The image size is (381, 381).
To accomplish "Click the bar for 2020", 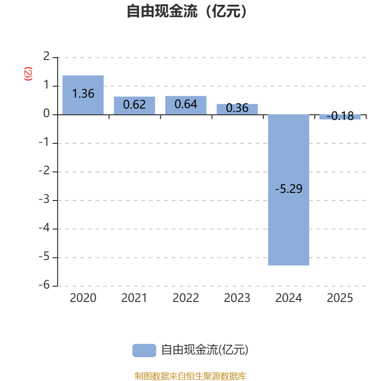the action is coord(83,95).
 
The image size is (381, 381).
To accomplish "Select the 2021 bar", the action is coord(134,106).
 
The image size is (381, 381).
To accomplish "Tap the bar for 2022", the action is coord(186,105).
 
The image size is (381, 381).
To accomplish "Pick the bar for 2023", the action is coord(237,110).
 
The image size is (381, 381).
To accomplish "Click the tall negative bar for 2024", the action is coord(289,190).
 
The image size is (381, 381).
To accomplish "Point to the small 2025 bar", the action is coord(340,117).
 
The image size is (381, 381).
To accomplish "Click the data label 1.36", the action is coord(83,94).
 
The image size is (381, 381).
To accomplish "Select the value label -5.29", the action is coord(289,189).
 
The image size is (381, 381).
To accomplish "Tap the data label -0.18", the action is coord(340,116).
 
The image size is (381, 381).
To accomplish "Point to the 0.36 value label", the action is coord(237,108).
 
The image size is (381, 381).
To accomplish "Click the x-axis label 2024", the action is coord(289,298).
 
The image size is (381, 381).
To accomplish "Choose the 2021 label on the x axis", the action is coord(134,298).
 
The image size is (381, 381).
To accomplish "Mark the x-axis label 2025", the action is coord(340,298).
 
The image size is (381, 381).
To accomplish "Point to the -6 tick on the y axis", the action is coord(44,285).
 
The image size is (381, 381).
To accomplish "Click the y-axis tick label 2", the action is coord(46,56).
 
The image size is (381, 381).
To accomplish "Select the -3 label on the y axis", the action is coord(44,199).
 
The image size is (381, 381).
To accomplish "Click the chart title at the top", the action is coord(187,11).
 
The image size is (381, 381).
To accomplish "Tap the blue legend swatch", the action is coord(144,351).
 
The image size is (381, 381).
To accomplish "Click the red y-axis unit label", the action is coord(28,74).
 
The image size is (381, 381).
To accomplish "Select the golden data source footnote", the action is coord(190,376).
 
